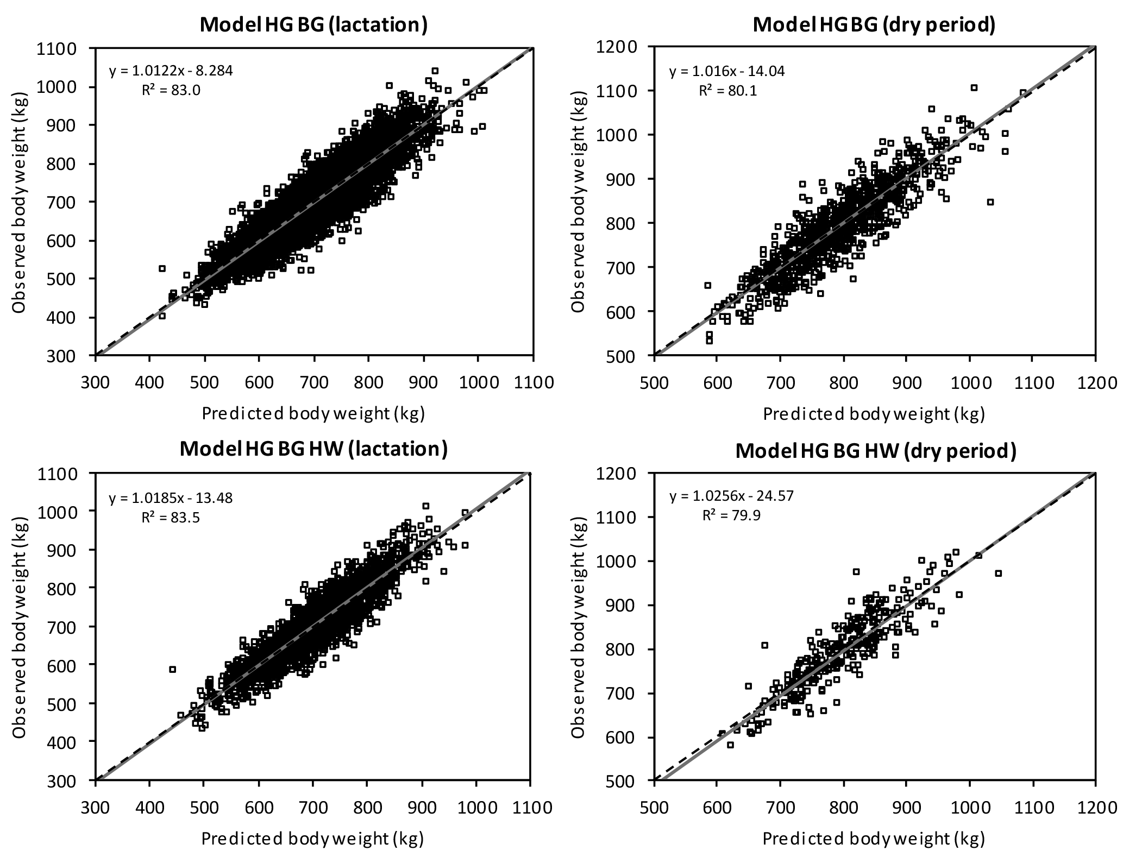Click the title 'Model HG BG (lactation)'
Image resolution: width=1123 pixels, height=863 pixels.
[313, 26]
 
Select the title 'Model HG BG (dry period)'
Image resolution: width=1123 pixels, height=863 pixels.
[874, 26]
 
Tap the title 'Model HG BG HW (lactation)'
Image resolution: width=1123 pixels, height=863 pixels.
[313, 450]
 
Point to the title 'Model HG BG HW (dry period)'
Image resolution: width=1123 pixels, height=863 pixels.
[875, 451]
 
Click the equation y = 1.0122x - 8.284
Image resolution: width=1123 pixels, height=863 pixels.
[171, 71]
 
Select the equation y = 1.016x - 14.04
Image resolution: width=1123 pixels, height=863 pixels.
[727, 71]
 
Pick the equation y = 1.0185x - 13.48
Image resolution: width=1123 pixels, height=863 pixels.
[171, 497]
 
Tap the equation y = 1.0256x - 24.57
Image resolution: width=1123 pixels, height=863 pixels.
[731, 496]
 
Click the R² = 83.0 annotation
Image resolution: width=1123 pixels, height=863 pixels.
[171, 90]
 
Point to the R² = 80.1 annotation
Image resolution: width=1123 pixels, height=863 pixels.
[727, 90]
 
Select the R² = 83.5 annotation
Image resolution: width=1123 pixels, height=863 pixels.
[171, 517]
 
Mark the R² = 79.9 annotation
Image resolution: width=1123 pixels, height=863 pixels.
[731, 515]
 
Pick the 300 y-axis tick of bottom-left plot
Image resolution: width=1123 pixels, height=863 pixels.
[70, 780]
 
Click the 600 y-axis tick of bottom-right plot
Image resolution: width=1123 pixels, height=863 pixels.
[628, 738]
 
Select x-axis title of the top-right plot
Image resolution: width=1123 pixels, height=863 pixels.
[874, 414]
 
